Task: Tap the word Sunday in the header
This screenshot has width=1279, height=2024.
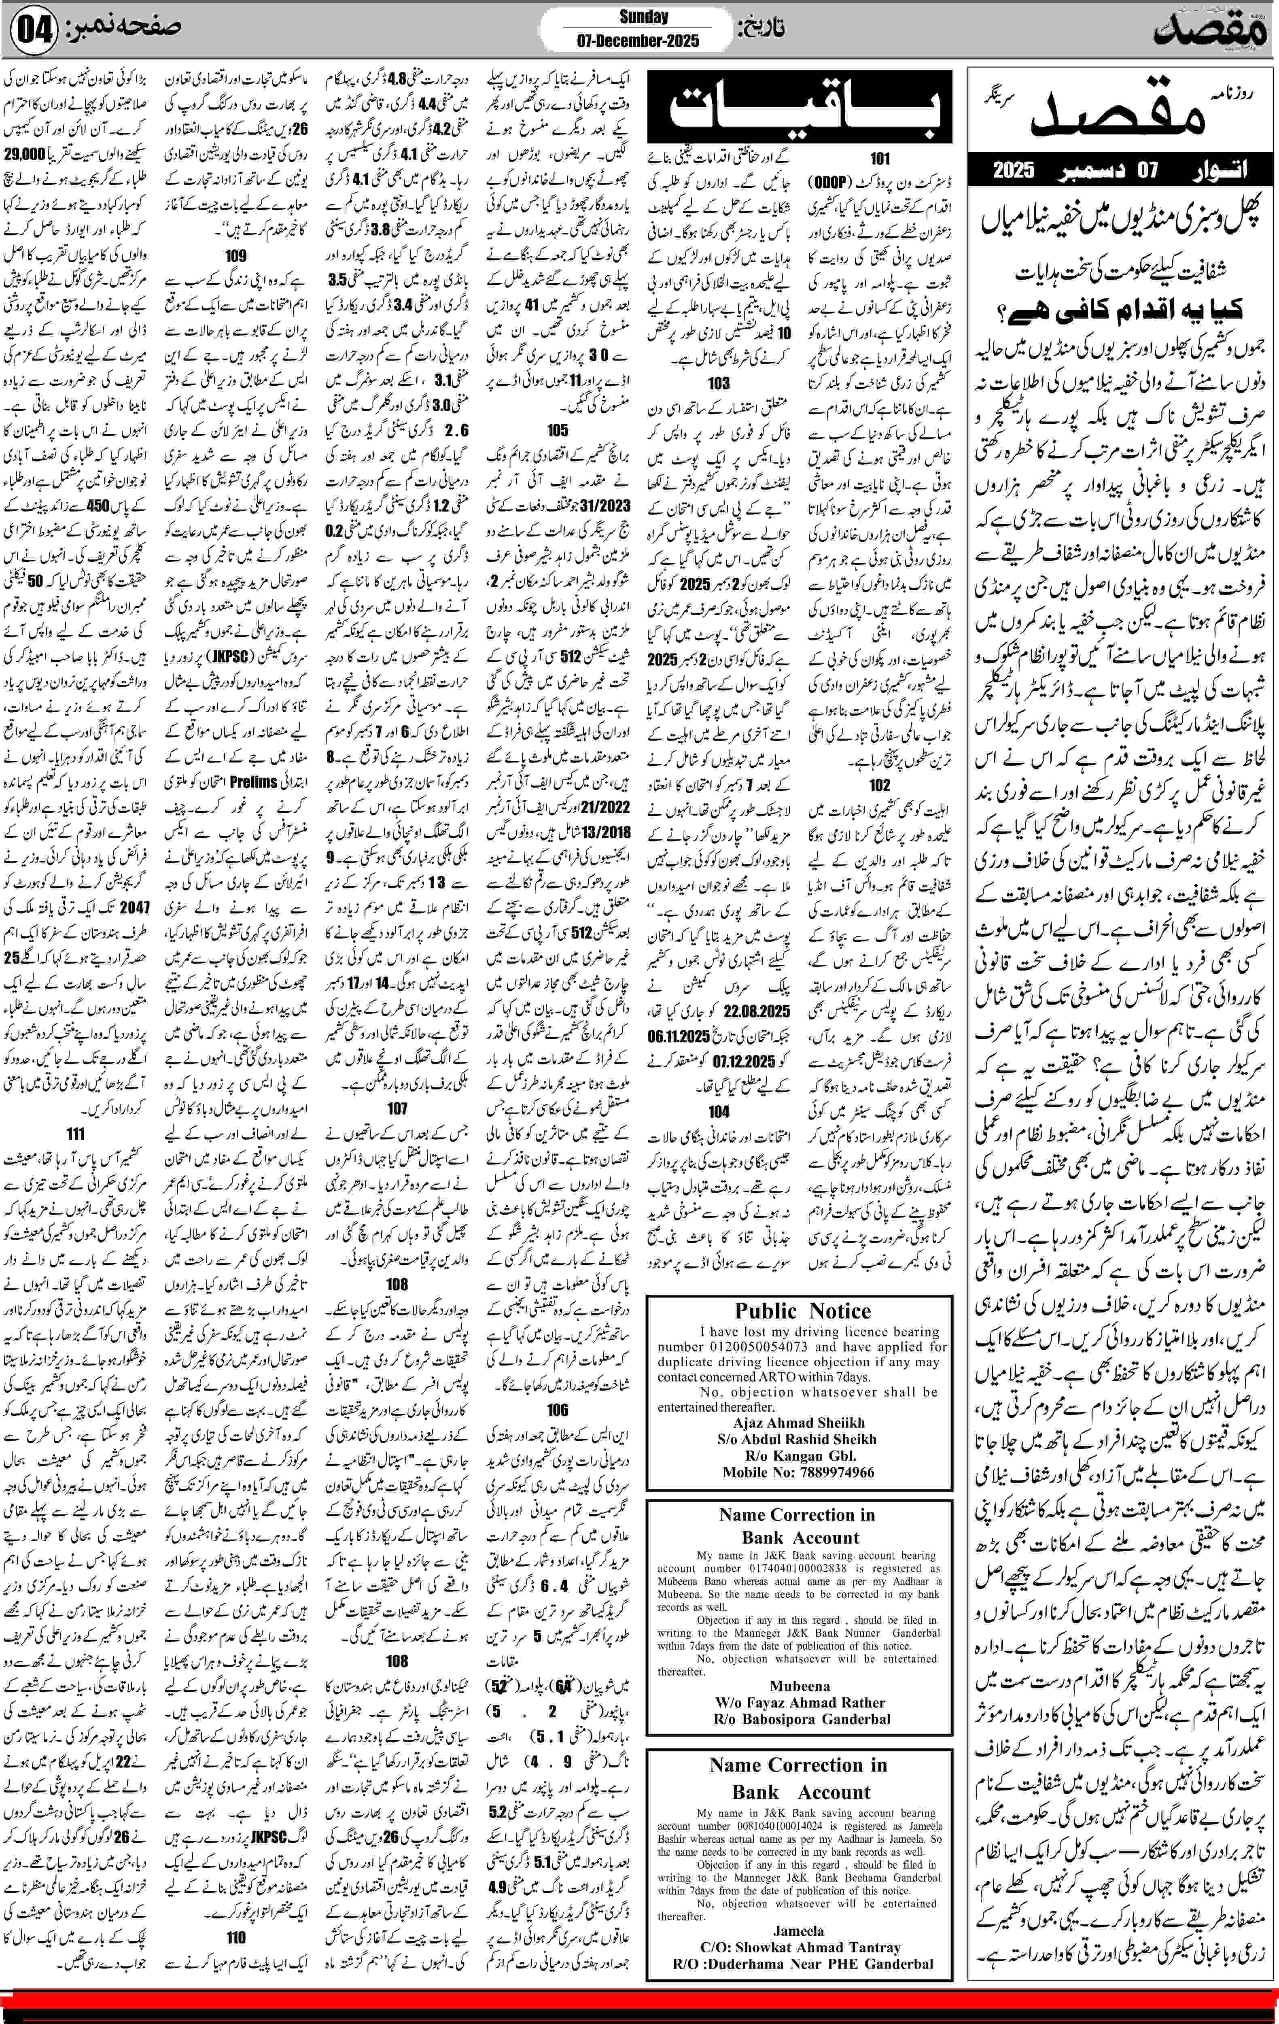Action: point(644,16)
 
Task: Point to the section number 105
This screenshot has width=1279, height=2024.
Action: point(557,429)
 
